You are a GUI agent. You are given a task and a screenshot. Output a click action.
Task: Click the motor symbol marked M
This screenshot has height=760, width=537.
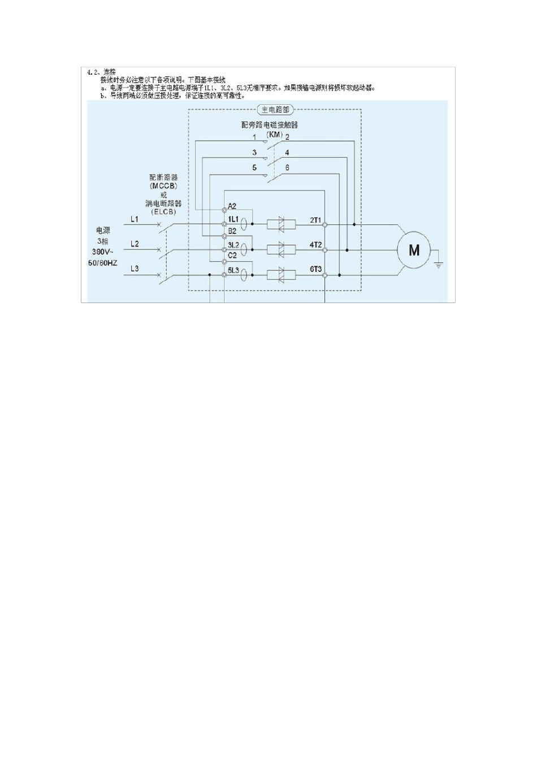414,250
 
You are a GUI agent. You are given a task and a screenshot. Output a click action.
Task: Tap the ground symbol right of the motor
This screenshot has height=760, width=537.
439,263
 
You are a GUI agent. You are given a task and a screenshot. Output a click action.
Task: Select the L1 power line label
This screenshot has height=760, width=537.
135,219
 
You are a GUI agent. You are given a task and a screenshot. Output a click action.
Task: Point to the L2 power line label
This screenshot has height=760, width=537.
135,244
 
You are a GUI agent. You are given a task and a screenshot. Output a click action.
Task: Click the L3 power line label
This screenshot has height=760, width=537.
135,269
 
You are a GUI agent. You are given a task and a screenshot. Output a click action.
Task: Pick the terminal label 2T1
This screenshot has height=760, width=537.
315,219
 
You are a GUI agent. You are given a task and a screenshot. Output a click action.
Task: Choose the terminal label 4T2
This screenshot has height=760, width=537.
315,244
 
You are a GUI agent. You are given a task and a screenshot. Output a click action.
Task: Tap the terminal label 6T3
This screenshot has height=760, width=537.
315,269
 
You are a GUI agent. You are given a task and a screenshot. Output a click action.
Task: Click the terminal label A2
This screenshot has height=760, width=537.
232,206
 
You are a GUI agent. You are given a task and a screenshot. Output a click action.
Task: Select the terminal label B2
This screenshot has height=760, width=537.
232,231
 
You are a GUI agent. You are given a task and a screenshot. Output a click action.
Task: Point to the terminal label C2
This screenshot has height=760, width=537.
232,256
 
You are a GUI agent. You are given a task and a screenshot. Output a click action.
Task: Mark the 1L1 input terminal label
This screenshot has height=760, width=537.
233,219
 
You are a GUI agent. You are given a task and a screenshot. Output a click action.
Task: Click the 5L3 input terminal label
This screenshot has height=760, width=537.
233,269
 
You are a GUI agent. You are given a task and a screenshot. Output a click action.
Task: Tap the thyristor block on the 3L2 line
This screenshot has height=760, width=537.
281,249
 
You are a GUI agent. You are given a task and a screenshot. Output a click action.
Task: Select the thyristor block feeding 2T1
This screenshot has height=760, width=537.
281,224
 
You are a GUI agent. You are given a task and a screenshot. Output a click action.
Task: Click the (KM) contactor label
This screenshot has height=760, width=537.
274,135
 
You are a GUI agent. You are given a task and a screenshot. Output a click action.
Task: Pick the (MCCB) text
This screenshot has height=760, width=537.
163,185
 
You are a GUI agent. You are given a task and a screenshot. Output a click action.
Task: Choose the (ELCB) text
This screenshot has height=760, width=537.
163,211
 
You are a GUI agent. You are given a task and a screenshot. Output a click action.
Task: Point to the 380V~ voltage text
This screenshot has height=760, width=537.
102,252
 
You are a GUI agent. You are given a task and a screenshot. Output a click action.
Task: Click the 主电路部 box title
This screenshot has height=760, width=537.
274,110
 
